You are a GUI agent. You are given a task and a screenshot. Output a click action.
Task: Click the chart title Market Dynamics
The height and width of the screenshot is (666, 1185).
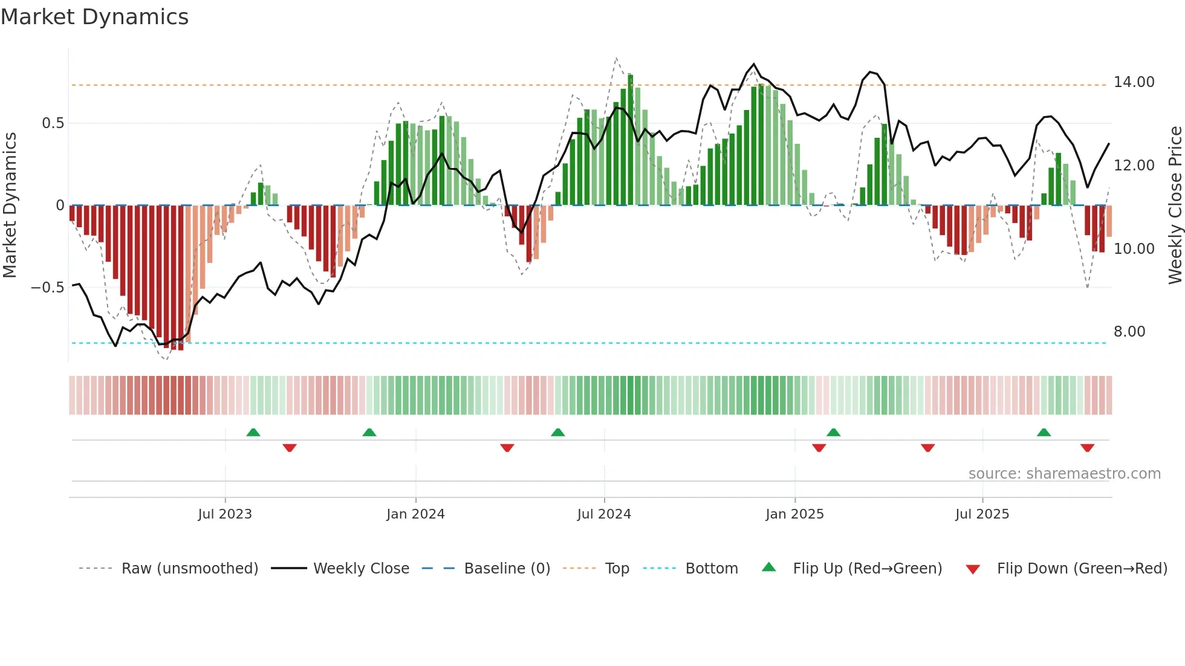click(x=94, y=17)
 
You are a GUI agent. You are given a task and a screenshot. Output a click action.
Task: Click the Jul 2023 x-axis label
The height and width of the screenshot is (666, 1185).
click(x=225, y=514)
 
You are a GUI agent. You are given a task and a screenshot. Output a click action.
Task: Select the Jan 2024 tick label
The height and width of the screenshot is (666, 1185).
click(x=415, y=514)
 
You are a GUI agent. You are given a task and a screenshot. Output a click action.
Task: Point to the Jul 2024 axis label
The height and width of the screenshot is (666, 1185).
click(x=604, y=514)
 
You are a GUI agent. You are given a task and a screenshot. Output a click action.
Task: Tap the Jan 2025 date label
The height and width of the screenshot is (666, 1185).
click(x=794, y=514)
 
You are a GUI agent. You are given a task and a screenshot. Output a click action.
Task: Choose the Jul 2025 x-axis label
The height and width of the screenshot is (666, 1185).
click(x=982, y=514)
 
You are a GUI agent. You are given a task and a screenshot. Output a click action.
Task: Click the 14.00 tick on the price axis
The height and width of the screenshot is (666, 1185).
click(x=1134, y=82)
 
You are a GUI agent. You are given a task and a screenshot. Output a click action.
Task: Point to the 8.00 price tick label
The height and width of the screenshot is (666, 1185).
click(x=1129, y=332)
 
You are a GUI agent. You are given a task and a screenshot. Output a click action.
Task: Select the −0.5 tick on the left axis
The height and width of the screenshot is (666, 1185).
click(x=47, y=288)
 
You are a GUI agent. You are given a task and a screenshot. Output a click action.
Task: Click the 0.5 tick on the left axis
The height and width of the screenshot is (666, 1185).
click(x=53, y=123)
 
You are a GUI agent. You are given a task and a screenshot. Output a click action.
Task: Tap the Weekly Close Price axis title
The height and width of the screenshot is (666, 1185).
click(x=1175, y=205)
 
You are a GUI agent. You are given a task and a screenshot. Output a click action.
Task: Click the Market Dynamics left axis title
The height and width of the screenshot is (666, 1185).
click(x=10, y=205)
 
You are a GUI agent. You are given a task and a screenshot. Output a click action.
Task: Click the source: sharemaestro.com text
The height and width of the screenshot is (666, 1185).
click(x=1064, y=474)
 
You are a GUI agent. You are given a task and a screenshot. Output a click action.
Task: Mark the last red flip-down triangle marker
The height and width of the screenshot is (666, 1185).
click(x=1087, y=448)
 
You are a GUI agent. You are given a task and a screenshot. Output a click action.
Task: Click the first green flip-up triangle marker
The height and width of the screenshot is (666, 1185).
click(x=253, y=432)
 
